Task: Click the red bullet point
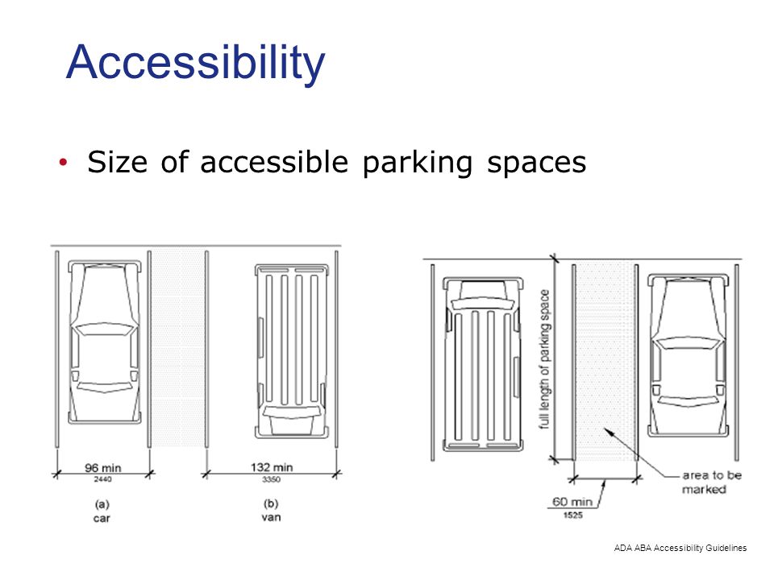click(64, 163)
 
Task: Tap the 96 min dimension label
click(102, 467)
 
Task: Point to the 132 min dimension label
click(271, 467)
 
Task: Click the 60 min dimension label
click(572, 502)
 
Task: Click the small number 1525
click(573, 514)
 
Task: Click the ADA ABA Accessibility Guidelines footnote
click(680, 548)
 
